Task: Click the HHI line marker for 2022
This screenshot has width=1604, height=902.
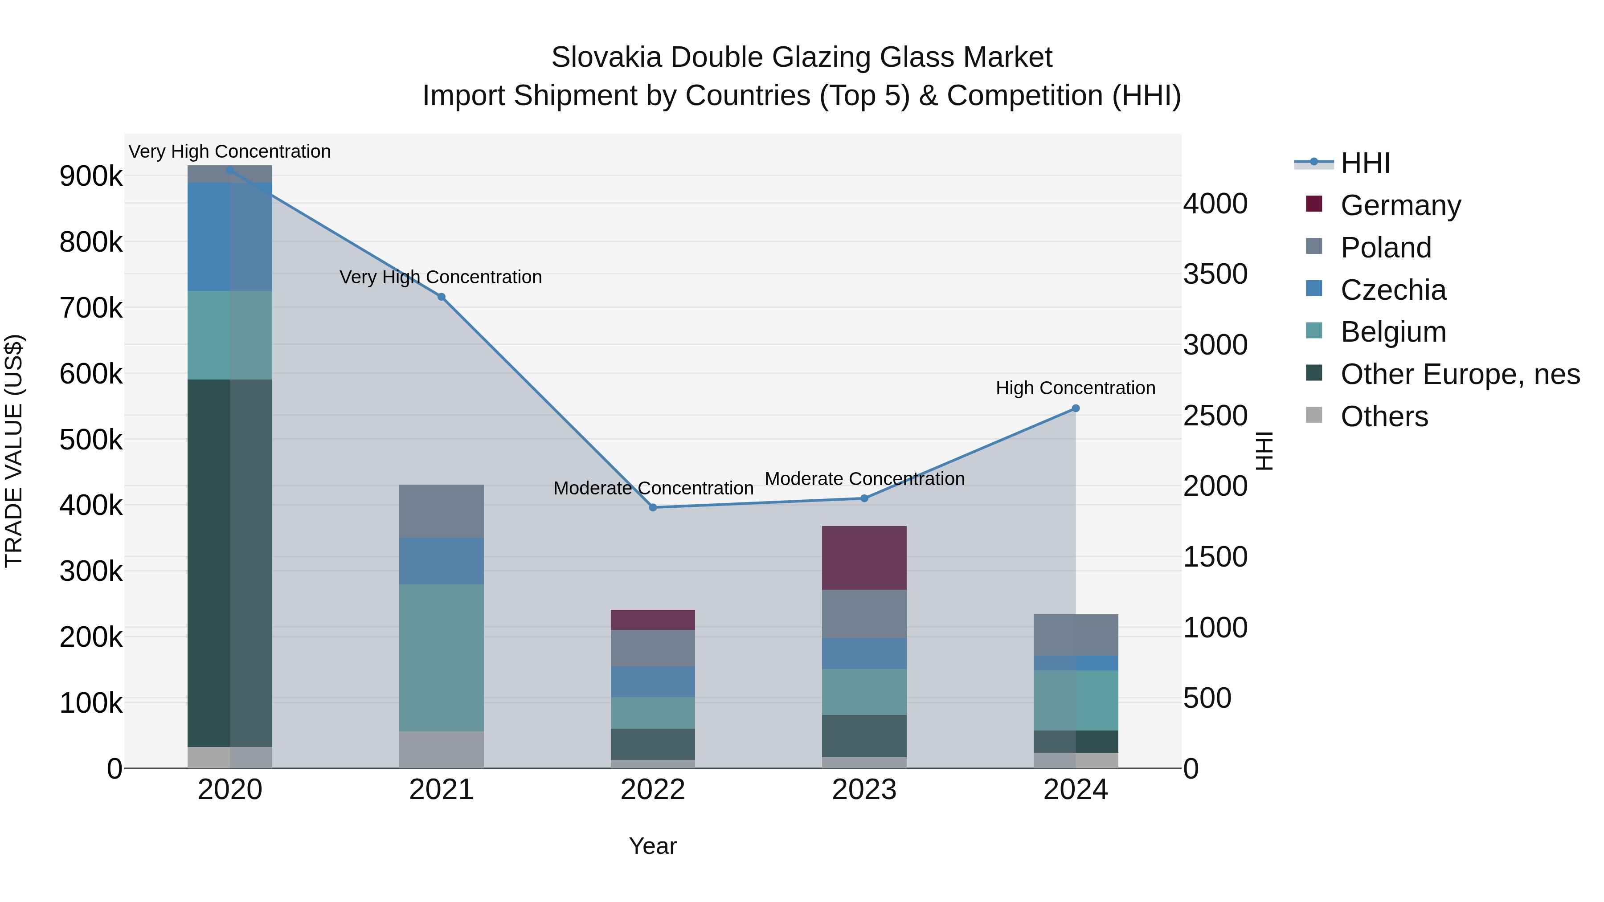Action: [653, 507]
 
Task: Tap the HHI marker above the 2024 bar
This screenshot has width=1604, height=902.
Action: [1076, 408]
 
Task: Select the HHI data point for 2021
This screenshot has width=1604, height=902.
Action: [442, 297]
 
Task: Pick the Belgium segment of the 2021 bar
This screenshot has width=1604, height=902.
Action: [442, 657]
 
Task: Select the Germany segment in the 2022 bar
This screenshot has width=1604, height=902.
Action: [653, 620]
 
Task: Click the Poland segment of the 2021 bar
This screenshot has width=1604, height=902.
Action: [442, 511]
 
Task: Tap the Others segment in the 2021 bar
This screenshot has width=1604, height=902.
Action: [442, 750]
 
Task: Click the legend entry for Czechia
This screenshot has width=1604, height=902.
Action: [1392, 290]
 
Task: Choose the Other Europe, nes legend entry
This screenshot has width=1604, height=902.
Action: [1460, 374]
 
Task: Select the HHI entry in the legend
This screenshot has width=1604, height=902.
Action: [1365, 163]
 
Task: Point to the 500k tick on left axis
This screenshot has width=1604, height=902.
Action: [91, 440]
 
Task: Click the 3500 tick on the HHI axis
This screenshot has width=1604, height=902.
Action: [1215, 274]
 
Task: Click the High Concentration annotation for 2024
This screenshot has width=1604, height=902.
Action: [1076, 388]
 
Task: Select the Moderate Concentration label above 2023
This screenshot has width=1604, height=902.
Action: [864, 479]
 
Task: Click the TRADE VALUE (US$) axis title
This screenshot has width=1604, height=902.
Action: [14, 451]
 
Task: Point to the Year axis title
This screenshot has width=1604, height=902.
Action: [653, 846]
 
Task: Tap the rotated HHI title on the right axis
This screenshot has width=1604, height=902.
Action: [1264, 451]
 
